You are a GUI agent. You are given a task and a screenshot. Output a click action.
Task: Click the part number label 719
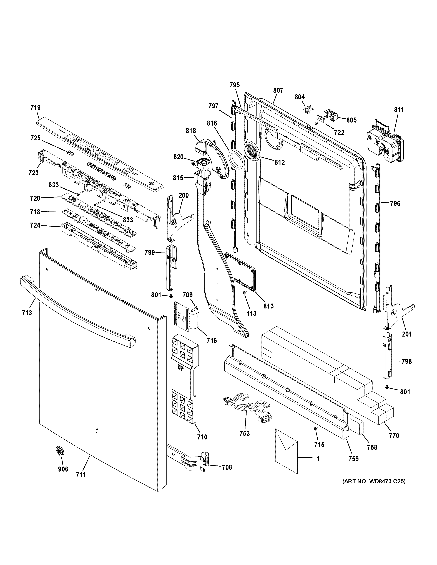[36, 108]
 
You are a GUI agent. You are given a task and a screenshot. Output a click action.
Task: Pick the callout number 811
[399, 110]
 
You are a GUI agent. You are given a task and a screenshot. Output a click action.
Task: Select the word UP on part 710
[181, 368]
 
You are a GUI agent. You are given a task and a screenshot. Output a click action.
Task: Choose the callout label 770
[394, 436]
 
